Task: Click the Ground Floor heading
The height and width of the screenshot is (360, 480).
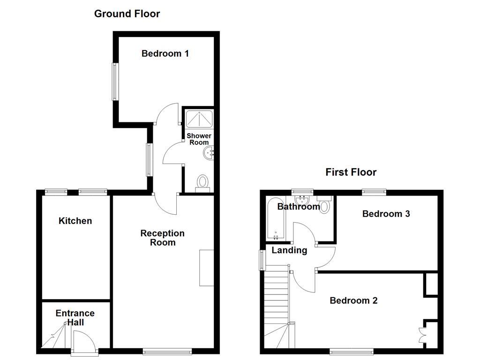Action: click(127, 14)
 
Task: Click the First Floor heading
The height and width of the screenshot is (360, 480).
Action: click(351, 172)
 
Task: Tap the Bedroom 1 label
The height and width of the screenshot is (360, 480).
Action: click(165, 53)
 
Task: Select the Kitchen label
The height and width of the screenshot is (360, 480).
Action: click(75, 221)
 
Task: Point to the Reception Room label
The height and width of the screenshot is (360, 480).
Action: click(163, 238)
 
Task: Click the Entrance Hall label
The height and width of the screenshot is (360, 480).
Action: click(75, 318)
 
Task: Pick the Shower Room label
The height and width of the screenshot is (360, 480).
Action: click(199, 139)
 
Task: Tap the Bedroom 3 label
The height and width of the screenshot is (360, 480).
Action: click(386, 214)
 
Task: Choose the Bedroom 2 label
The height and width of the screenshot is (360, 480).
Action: click(353, 300)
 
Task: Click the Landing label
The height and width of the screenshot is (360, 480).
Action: click(289, 250)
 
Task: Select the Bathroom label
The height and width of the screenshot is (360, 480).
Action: click(299, 207)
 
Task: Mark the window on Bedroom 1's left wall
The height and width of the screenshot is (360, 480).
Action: click(114, 82)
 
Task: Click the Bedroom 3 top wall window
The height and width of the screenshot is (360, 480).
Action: click(374, 191)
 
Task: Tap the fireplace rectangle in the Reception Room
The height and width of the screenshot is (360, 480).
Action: click(206, 268)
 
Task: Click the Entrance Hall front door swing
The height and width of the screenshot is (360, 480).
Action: click(84, 340)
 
